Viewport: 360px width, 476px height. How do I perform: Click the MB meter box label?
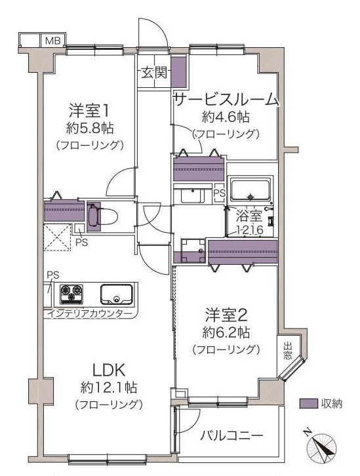[x=53, y=41]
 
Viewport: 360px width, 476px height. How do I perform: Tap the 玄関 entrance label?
[x=155, y=73]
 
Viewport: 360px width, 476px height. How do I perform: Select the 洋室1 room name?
[x=89, y=111]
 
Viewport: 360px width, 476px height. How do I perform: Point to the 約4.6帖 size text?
[x=226, y=117]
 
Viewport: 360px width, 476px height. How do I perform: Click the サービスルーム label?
[x=226, y=100]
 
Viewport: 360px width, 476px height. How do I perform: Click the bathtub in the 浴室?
[x=250, y=189]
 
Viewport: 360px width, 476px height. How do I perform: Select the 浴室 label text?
[x=249, y=216]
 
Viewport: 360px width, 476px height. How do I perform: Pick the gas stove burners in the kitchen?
[x=71, y=294]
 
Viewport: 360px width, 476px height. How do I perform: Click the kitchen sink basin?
[x=116, y=294]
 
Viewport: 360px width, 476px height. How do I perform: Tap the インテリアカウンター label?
[x=90, y=313]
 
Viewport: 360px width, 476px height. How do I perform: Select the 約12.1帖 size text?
[x=109, y=387]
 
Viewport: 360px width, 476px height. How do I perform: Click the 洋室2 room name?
[x=226, y=315]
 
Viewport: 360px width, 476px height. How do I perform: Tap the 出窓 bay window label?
[x=287, y=351]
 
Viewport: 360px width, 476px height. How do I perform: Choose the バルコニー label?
[x=231, y=436]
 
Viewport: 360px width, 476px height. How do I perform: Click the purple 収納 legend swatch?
[x=308, y=403]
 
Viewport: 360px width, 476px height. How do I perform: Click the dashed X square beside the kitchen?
[x=57, y=237]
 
